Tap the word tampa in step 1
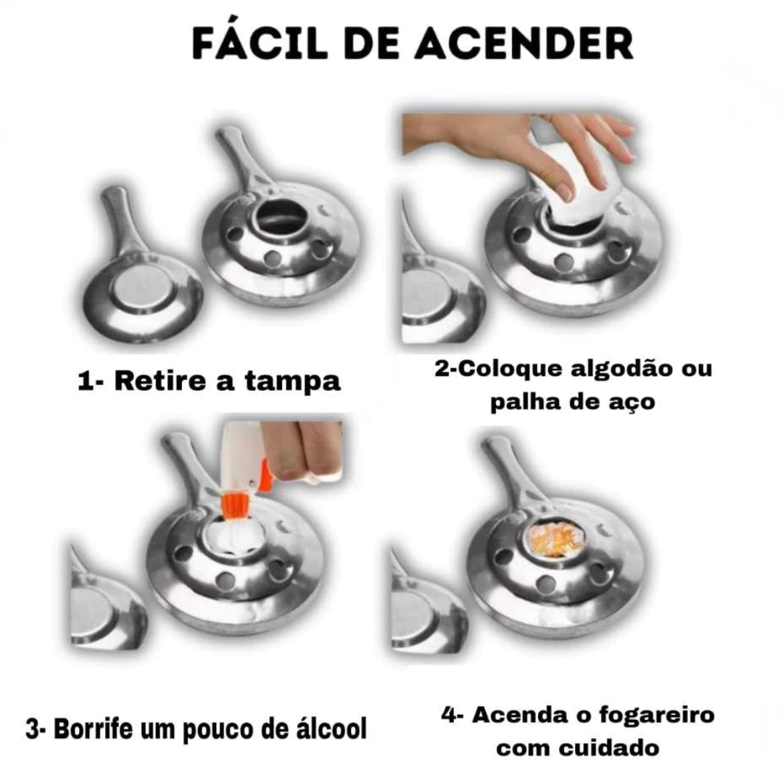click(293, 382)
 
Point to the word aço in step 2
click(631, 402)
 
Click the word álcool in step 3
click(331, 729)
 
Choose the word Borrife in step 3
click(94, 729)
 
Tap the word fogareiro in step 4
click(657, 715)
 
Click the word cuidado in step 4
click(609, 748)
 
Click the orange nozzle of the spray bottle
click(236, 506)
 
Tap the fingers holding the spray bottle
click(302, 449)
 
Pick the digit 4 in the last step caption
click(449, 715)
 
